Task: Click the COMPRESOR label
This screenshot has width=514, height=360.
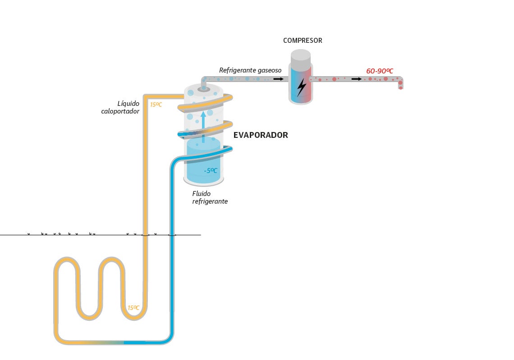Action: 303,41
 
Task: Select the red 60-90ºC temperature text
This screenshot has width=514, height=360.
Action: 380,71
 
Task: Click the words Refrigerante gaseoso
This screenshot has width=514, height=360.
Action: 250,70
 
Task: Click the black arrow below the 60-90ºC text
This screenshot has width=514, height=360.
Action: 357,79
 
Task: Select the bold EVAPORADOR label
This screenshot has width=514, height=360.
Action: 261,135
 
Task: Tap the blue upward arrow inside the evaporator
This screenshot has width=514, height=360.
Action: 203,122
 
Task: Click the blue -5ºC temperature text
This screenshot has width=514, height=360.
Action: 210,171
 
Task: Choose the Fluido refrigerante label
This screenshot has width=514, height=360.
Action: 210,197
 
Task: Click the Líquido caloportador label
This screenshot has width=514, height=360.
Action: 120,107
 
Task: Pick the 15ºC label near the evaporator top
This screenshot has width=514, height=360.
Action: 156,105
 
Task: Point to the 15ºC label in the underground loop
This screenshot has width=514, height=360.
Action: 133,308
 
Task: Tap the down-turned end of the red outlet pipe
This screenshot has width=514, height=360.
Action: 400,85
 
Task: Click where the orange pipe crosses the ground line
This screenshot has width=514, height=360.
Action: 145,235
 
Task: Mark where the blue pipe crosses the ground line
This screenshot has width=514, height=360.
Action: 172,235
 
